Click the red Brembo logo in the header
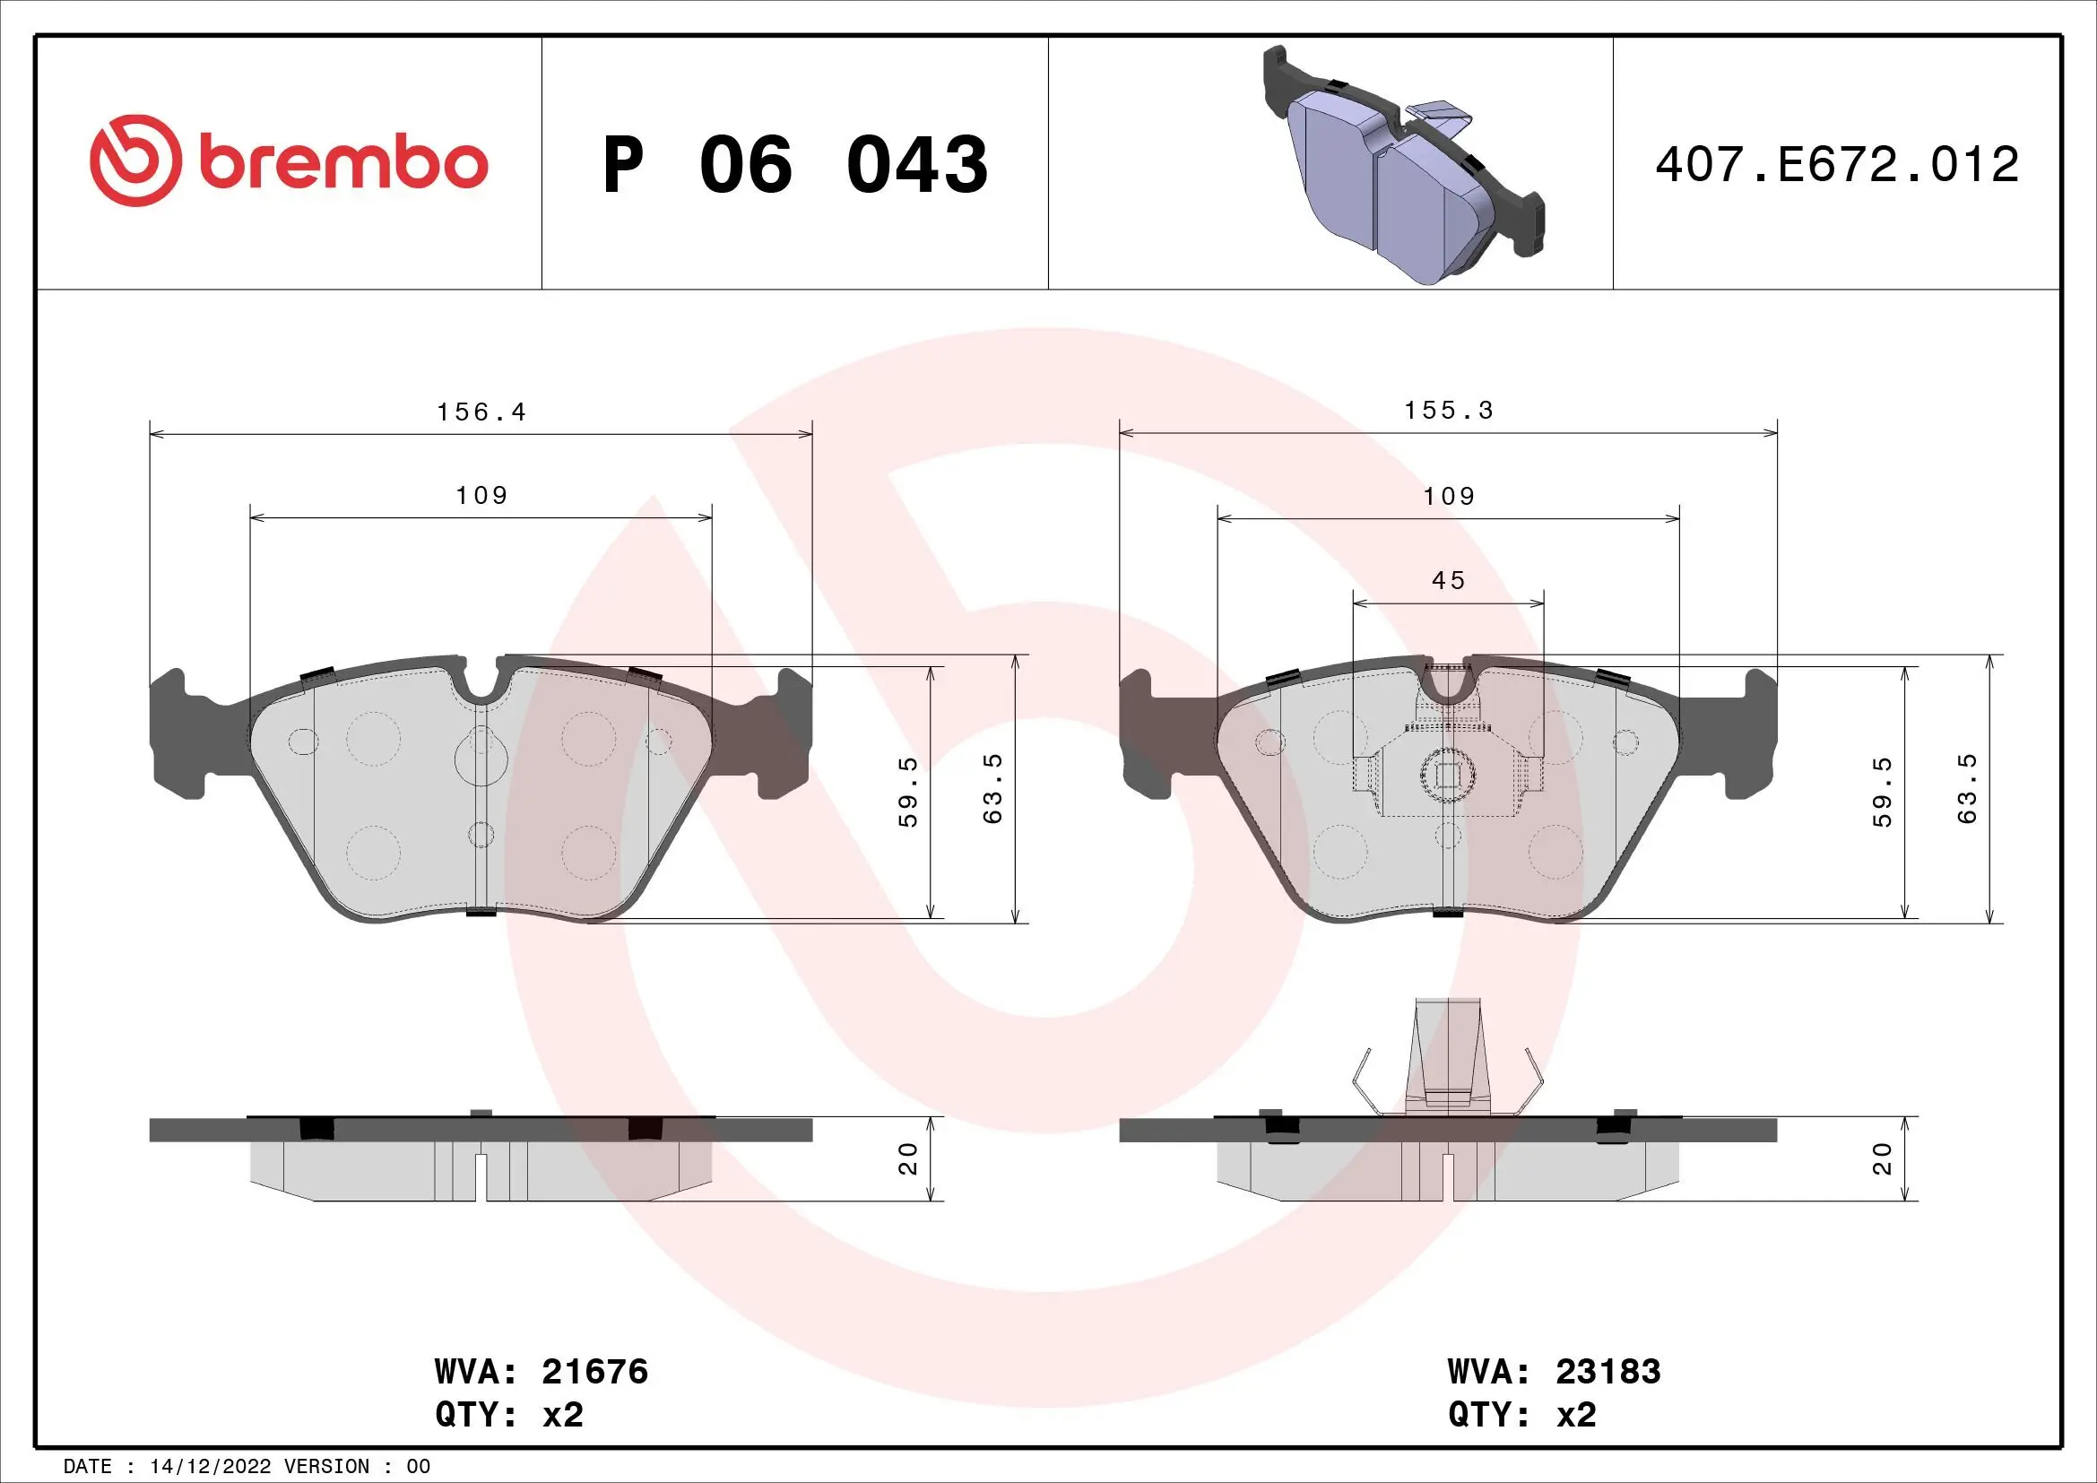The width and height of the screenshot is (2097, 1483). point(289,161)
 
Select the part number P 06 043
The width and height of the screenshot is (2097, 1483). point(794,165)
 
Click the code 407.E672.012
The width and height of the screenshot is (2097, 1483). point(1837,164)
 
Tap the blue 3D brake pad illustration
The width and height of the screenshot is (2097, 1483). point(1404,166)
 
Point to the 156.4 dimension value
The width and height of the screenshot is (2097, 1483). point(481,412)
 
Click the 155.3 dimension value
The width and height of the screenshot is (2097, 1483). point(1449,411)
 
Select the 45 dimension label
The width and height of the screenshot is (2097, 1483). point(1449,581)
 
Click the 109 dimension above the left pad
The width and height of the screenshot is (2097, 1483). point(481,496)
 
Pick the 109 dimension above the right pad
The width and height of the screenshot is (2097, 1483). point(1449,497)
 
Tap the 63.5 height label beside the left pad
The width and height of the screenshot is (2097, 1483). point(992,788)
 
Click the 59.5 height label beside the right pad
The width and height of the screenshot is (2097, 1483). point(1883,792)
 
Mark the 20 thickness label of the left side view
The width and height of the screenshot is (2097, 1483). point(908,1158)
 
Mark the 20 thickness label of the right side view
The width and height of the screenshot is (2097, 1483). point(1883,1158)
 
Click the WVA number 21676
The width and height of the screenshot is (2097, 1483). point(594,1372)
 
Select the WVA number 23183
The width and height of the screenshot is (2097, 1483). point(1607,1372)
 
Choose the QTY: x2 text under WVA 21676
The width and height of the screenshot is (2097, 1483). point(508,1415)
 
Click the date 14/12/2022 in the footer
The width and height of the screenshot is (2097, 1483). point(210,1467)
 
